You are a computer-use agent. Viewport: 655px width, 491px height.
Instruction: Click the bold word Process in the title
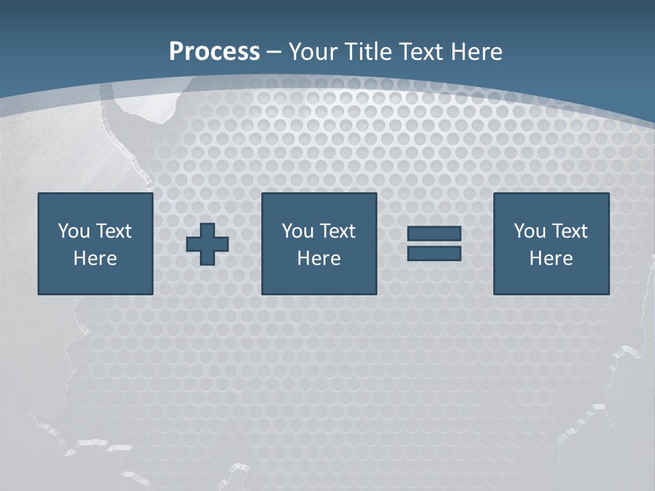pos(214,52)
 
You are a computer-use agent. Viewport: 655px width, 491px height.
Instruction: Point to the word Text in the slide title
pos(421,52)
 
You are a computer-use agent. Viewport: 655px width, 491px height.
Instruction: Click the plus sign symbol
pos(207,244)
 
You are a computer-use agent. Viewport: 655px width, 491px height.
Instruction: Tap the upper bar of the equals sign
pos(434,234)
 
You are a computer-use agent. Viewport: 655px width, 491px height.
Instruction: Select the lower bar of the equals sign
pos(434,253)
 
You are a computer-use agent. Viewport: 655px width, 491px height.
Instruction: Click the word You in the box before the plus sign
pos(74,231)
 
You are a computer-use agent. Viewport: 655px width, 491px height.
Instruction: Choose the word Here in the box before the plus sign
pos(95,258)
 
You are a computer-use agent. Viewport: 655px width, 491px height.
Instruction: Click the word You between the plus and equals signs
pos(297,231)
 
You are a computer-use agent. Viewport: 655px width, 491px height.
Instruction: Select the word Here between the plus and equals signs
pos(319,258)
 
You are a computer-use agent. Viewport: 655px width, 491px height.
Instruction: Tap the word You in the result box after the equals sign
pos(529,231)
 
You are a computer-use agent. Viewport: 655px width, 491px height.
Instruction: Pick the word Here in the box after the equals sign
pos(551,258)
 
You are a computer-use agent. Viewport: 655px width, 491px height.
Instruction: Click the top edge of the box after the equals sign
pos(551,194)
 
